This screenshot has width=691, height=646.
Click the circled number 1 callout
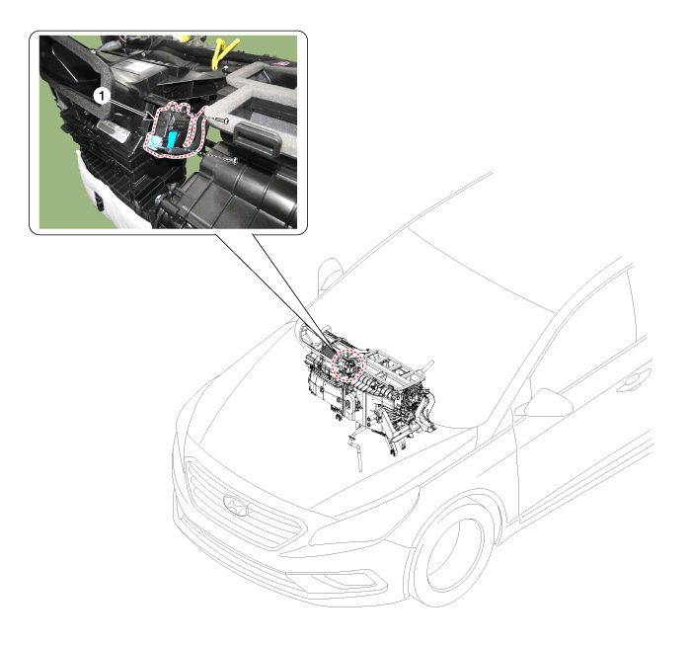[x=102, y=95]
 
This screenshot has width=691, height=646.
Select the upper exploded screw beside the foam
[x=222, y=120]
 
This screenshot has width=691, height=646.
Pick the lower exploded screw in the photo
[x=232, y=160]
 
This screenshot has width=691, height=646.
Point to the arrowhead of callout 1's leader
[x=152, y=117]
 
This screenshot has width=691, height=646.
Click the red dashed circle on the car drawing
[x=347, y=364]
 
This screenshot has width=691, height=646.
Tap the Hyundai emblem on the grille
[x=236, y=506]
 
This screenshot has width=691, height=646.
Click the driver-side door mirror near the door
[x=548, y=403]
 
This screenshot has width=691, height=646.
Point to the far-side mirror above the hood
[x=329, y=274]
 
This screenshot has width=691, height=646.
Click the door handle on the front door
[x=633, y=382]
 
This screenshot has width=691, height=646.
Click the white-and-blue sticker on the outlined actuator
[x=155, y=141]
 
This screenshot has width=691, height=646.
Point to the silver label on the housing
[x=113, y=131]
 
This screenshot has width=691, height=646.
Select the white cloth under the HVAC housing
[x=111, y=194]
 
